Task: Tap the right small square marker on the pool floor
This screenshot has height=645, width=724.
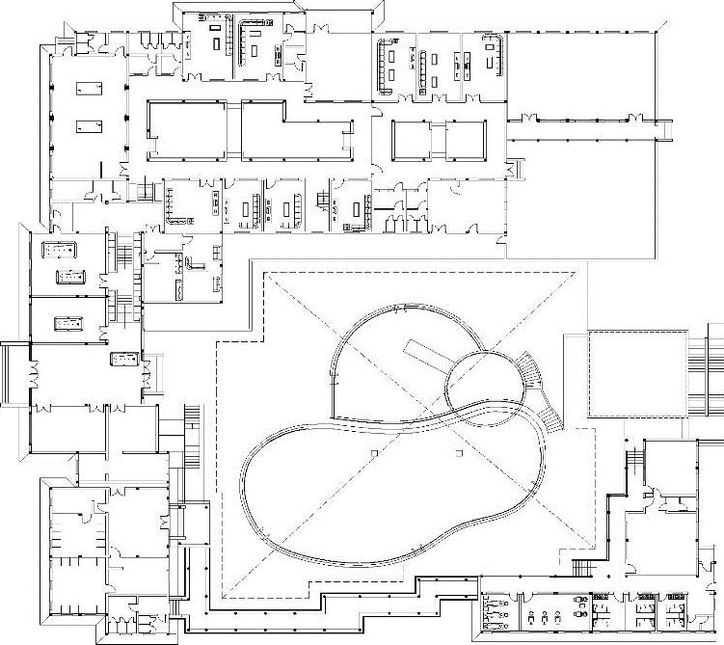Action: (x=459, y=452)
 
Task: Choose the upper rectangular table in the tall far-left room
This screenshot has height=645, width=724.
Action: (x=89, y=89)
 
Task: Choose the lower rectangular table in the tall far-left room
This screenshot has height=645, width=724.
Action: (x=89, y=125)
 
